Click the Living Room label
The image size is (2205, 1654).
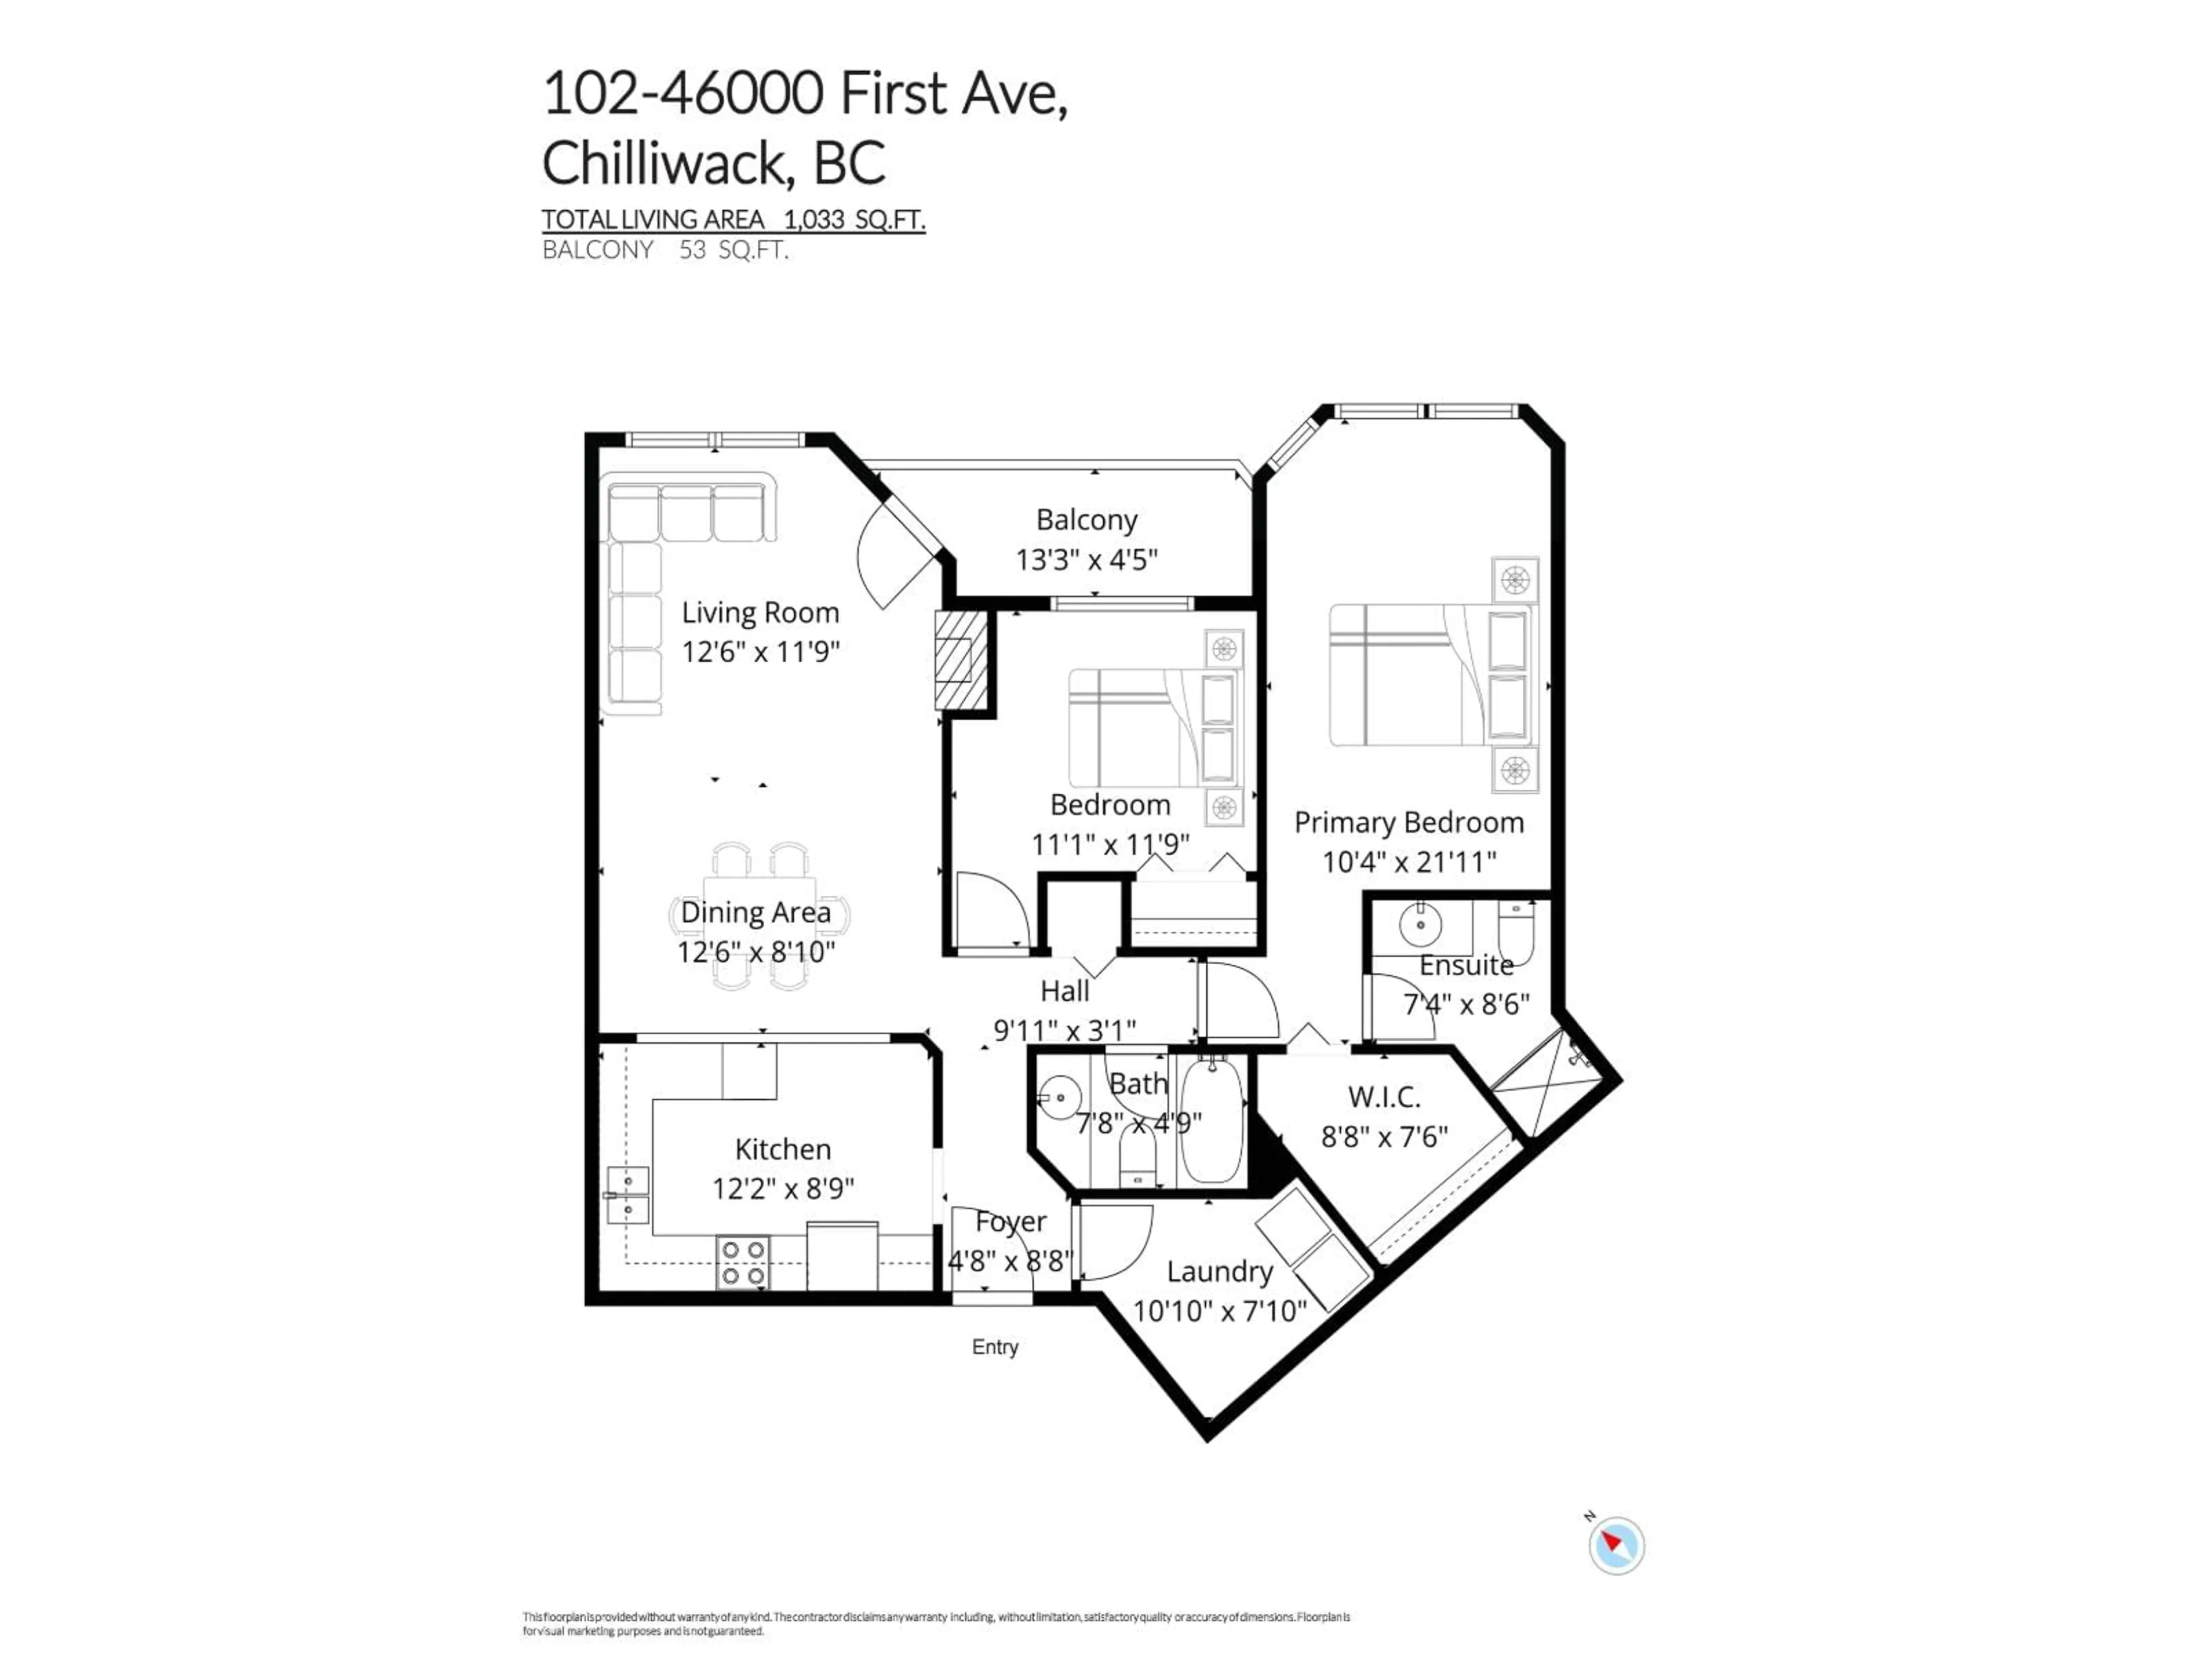[x=760, y=612]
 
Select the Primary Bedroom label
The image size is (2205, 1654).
[x=1409, y=822]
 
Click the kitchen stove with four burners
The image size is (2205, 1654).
[x=742, y=1262]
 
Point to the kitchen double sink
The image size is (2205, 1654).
[x=628, y=1195]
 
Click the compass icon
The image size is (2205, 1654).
[x=1616, y=1545]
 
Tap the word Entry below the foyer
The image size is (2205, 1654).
[x=995, y=1347]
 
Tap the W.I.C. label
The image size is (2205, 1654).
[x=1384, y=1097]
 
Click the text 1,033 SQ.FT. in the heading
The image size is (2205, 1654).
[x=854, y=219]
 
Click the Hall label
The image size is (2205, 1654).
[x=1065, y=991]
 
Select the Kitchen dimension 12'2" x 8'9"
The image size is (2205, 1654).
[x=783, y=1188]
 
